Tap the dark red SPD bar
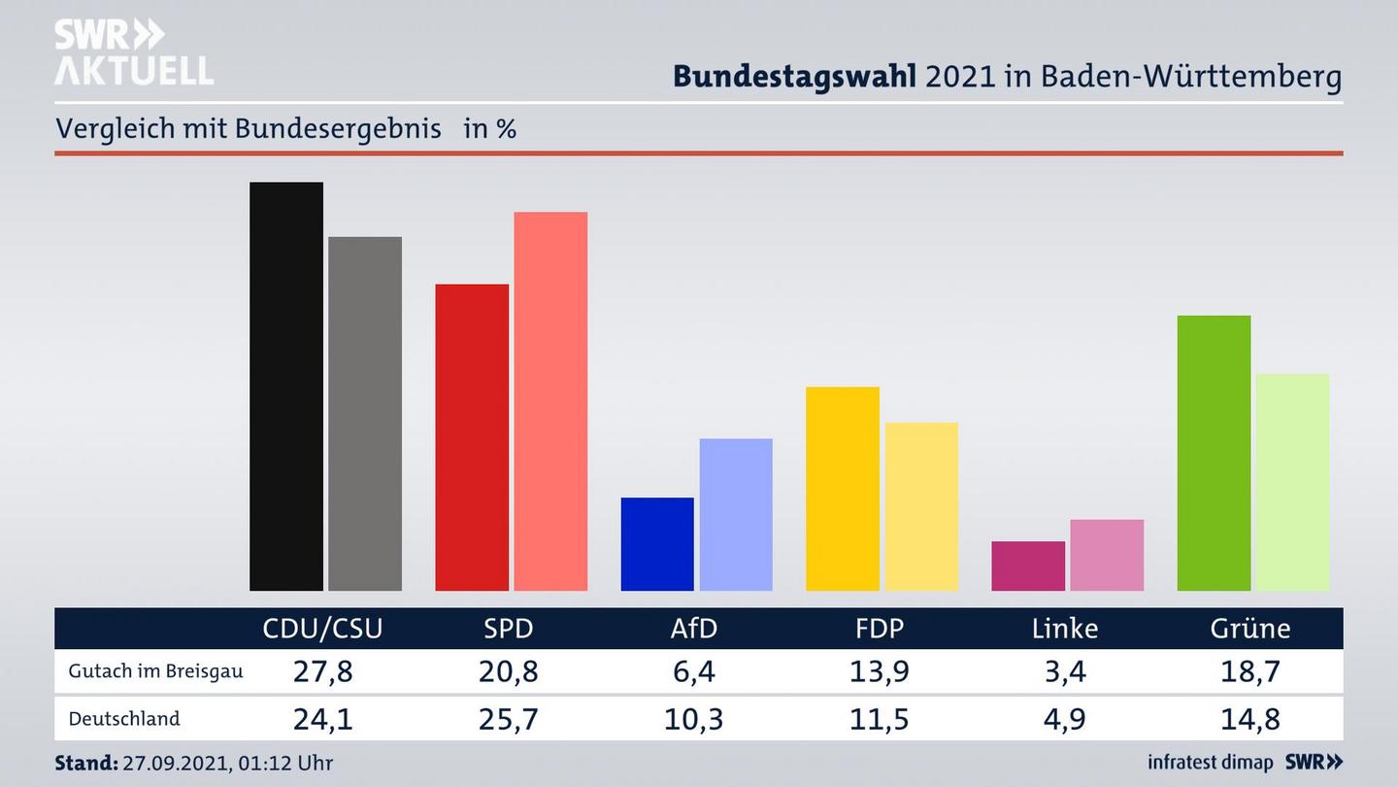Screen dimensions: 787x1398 coord(472,437)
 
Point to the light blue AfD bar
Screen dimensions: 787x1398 coord(736,514)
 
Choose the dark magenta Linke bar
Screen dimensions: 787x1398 coord(1028,565)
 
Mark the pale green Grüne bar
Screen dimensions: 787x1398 coord(1292,482)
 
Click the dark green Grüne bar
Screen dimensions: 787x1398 coord(1214,453)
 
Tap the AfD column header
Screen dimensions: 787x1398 coord(694,629)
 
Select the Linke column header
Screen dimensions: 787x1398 coord(1065,629)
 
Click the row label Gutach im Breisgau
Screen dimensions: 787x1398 coord(155,671)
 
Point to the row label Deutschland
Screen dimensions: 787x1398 coord(124,719)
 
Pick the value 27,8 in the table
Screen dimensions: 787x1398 coord(322,671)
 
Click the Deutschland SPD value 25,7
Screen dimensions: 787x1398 coord(509,719)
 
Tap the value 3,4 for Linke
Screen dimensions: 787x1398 coord(1065,671)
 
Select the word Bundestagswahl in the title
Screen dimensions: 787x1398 coord(794,76)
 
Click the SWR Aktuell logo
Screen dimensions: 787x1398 coord(133,52)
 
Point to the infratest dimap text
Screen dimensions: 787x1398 coord(1210,762)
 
